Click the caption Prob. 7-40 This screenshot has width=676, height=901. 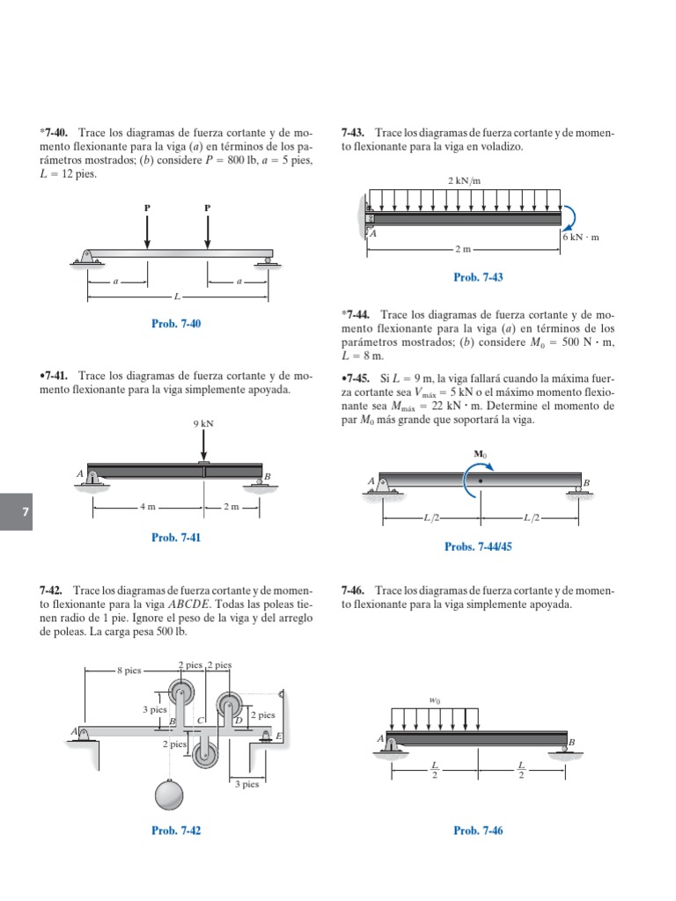[x=176, y=324]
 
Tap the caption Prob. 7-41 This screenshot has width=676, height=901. [x=176, y=537]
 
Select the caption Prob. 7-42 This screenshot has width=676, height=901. [x=176, y=830]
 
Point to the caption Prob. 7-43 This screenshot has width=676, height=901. [x=478, y=277]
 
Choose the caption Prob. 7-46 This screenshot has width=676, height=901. [x=478, y=830]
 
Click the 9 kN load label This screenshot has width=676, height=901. [x=203, y=423]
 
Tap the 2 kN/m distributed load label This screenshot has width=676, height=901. [x=465, y=180]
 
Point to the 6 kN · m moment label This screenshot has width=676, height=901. [x=580, y=238]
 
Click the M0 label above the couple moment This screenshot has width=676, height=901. [x=480, y=455]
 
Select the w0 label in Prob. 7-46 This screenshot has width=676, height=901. [x=435, y=701]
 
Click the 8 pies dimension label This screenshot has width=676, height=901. [x=129, y=670]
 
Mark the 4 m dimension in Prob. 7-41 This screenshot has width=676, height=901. [x=147, y=508]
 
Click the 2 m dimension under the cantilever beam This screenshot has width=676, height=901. [x=464, y=250]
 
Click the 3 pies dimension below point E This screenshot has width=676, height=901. [x=246, y=784]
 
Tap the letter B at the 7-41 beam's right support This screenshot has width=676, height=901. [x=268, y=476]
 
